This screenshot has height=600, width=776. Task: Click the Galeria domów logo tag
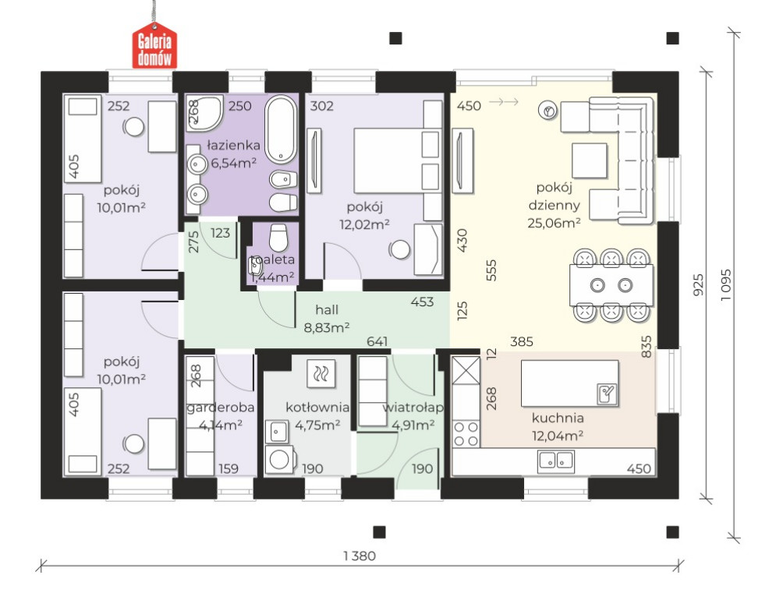pos(154,45)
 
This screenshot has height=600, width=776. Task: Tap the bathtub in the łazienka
pos(281,129)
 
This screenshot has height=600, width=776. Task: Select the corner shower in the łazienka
pos(204,113)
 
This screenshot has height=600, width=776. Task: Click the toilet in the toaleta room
pos(278,238)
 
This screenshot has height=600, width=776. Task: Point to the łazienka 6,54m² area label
pos(233,154)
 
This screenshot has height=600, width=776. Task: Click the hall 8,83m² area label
pos(327,318)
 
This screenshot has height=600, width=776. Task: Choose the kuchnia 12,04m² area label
pos(558,426)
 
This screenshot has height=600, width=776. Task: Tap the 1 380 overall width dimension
pos(360,556)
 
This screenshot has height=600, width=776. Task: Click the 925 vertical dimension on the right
pos(698,285)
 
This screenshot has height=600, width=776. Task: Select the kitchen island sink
pos(607,394)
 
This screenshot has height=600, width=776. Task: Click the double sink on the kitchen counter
pos(556,461)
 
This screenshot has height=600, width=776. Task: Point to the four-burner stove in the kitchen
pos(466,434)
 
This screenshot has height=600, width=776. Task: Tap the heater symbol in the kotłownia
pos(321,373)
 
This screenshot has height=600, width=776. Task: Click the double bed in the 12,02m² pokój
pos(397,161)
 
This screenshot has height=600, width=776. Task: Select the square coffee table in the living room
pos(590,161)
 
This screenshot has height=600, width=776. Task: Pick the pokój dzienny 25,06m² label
pos(554,205)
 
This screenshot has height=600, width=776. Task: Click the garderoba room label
pos(220,408)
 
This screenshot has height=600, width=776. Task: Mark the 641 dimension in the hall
pos(377,341)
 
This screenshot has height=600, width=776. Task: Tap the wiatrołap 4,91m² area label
pos(413,416)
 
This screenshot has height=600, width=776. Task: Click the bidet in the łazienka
pos(283,179)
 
